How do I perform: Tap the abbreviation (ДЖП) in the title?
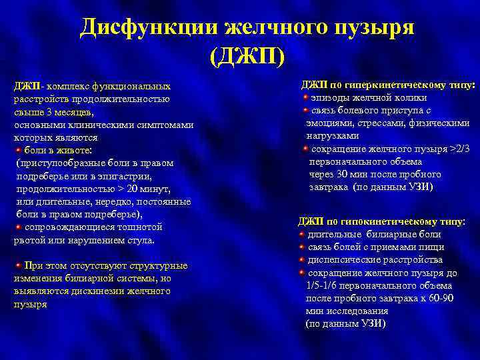point(247,57)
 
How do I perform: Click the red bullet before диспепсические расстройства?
point(301,259)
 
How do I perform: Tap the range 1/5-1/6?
point(325,285)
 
